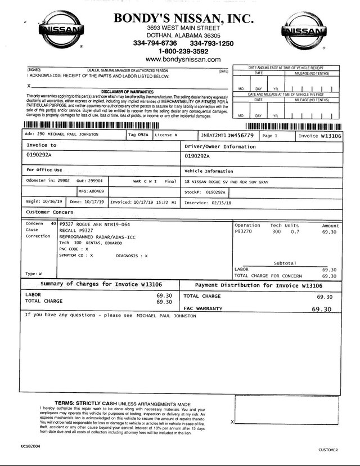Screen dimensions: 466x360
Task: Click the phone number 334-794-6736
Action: coord(155,43)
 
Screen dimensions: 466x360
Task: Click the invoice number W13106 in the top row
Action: coord(326,136)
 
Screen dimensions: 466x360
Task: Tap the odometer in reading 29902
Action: coord(64,182)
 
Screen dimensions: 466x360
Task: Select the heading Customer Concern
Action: coord(49,212)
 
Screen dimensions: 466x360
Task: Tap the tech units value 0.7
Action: coord(295,231)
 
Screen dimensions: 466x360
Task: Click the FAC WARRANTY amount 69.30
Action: coord(321,309)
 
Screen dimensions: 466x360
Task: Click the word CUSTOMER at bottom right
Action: coord(328,450)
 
